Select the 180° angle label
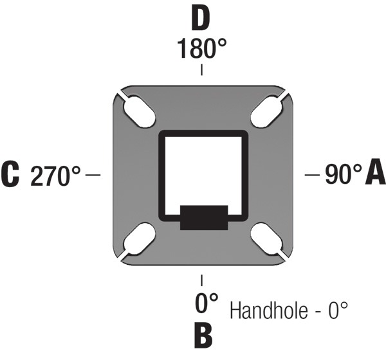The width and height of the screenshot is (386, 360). click(x=201, y=48)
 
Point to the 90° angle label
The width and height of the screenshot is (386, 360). click(x=344, y=174)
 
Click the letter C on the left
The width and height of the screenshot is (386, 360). click(x=10, y=174)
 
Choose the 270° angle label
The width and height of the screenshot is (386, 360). click(x=55, y=175)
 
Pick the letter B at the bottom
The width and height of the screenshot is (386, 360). click(x=203, y=335)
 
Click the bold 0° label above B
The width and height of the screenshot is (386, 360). click(x=207, y=303)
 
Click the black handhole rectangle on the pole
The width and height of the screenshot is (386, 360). click(x=204, y=217)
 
